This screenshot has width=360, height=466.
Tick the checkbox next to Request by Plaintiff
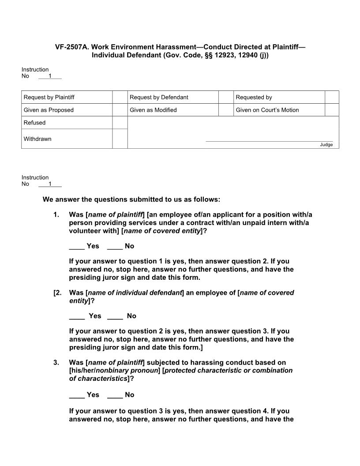(x=120, y=97)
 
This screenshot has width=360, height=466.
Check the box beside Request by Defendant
(x=226, y=97)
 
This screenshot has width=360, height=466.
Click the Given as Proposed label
(x=49, y=110)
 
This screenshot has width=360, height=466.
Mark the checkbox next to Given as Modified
(x=226, y=110)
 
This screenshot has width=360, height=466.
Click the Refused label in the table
(x=34, y=123)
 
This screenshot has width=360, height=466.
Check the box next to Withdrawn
(x=120, y=139)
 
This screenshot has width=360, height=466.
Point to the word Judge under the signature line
(x=326, y=145)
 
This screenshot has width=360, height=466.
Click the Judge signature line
(x=269, y=141)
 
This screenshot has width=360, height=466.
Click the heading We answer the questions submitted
(x=131, y=199)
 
